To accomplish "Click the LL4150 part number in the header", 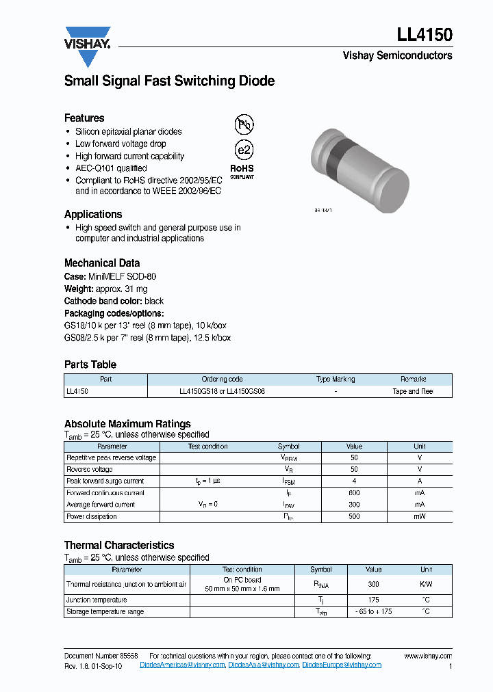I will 424,35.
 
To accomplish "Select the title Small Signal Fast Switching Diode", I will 169,81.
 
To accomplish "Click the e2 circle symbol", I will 244,150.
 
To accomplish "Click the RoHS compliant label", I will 241,171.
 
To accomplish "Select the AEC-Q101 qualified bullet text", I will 111,168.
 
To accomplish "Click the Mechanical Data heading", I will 102,263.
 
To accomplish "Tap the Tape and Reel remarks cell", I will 412,392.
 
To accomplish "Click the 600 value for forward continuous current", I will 354,493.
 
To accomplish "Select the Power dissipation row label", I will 91,517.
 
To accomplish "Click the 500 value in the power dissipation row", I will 354,517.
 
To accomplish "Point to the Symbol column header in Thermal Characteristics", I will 320,570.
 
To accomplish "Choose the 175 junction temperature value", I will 373,600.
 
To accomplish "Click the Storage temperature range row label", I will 105,612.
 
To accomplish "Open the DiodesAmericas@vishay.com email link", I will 182,665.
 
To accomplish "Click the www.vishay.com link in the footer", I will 428,656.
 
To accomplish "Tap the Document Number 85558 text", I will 101,656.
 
